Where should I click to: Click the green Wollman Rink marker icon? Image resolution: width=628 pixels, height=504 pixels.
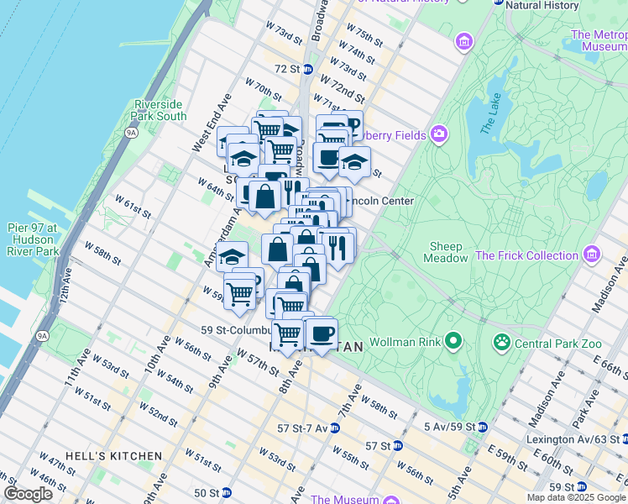(453, 340)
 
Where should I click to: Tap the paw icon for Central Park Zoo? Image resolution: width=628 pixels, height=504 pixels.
(502, 342)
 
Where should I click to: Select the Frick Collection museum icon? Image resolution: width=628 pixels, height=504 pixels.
(593, 254)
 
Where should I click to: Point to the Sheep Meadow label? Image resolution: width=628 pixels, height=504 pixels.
(446, 252)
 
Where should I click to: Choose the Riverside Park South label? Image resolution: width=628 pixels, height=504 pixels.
(160, 110)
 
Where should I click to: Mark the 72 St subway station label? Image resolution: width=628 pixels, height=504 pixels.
(287, 68)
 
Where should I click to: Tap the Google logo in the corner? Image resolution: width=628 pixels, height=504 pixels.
(28, 494)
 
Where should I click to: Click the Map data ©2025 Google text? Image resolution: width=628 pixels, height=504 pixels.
(575, 497)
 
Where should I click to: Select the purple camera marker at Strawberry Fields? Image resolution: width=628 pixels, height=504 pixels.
(437, 134)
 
